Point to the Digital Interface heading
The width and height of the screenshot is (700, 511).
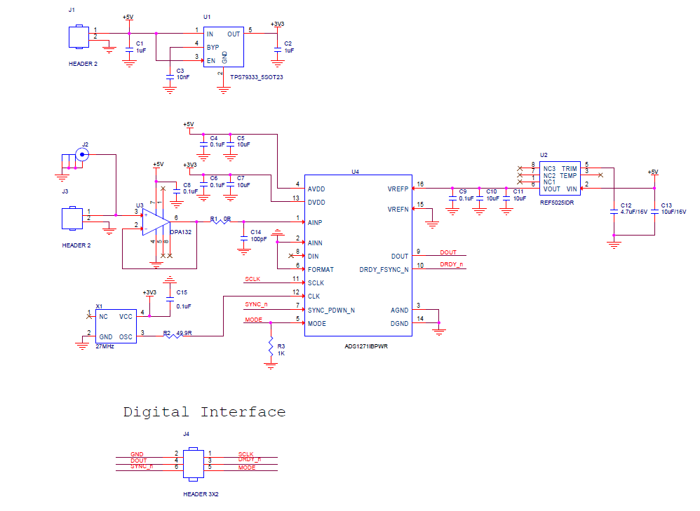(x=204, y=412)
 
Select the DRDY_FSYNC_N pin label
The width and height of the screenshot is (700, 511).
(x=384, y=270)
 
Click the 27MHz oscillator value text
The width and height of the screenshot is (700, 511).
(x=105, y=346)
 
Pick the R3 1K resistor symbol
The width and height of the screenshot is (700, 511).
(x=271, y=346)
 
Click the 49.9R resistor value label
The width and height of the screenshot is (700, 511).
(x=184, y=334)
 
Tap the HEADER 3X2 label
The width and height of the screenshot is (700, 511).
(x=201, y=494)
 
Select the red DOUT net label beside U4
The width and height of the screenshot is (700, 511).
(x=448, y=252)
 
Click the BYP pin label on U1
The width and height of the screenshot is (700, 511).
(x=213, y=47)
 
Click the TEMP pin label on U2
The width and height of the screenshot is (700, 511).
(x=568, y=176)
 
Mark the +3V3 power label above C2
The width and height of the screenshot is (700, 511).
(x=278, y=25)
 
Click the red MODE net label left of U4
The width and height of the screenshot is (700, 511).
(x=253, y=320)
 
